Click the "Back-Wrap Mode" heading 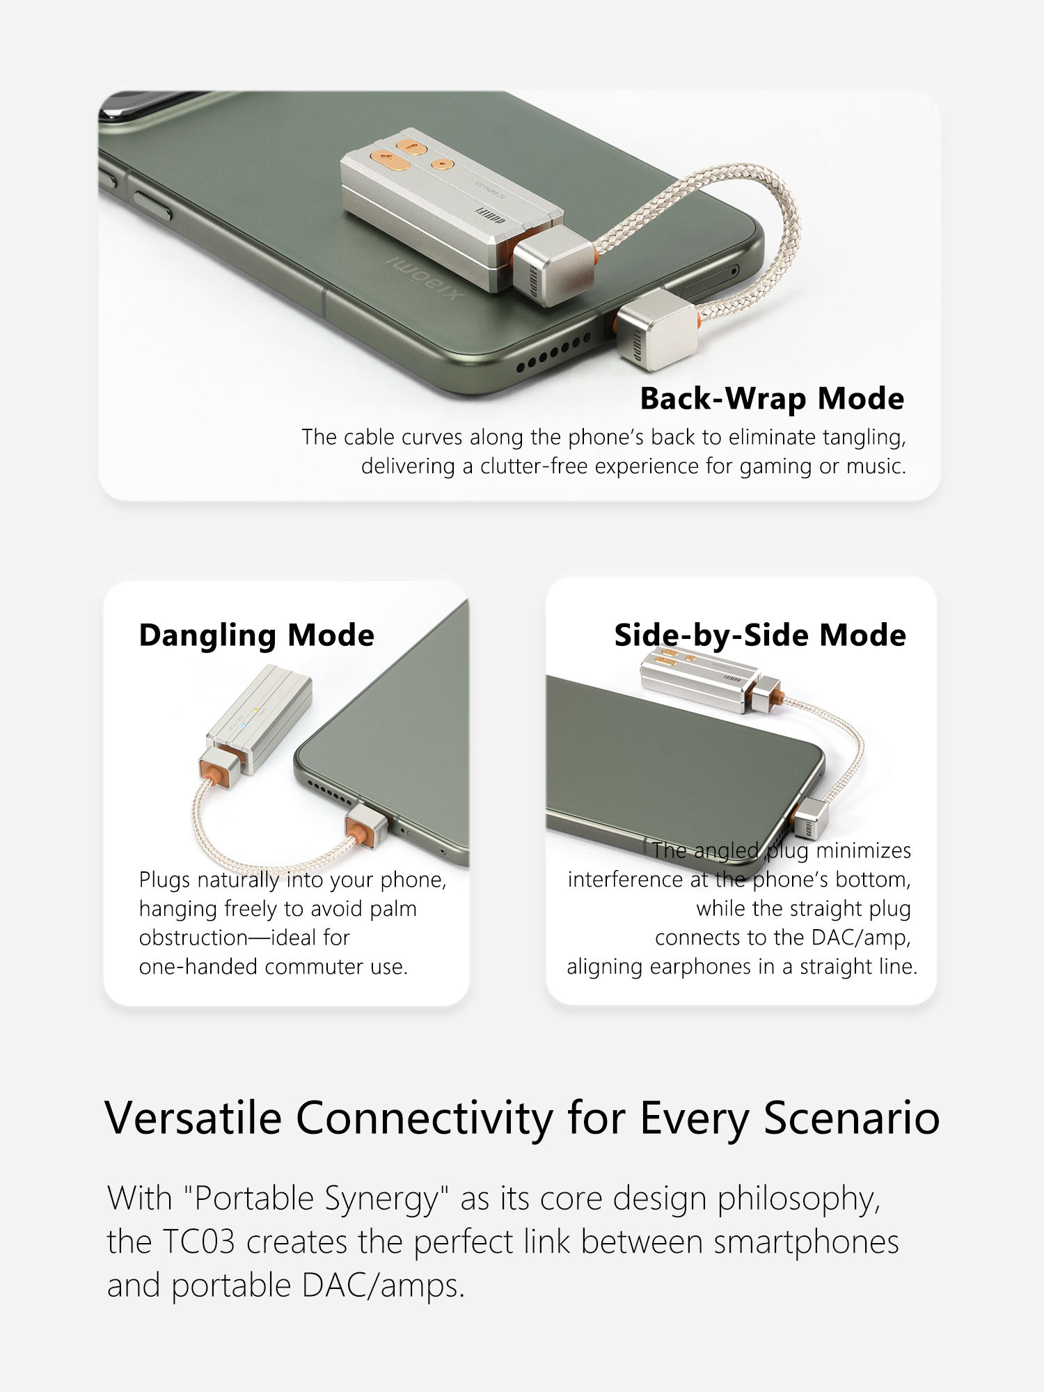click(x=772, y=399)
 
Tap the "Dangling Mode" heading click(x=257, y=636)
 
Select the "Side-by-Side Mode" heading click(x=760, y=635)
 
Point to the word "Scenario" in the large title click(x=851, y=1118)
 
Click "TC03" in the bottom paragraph click(x=198, y=1242)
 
